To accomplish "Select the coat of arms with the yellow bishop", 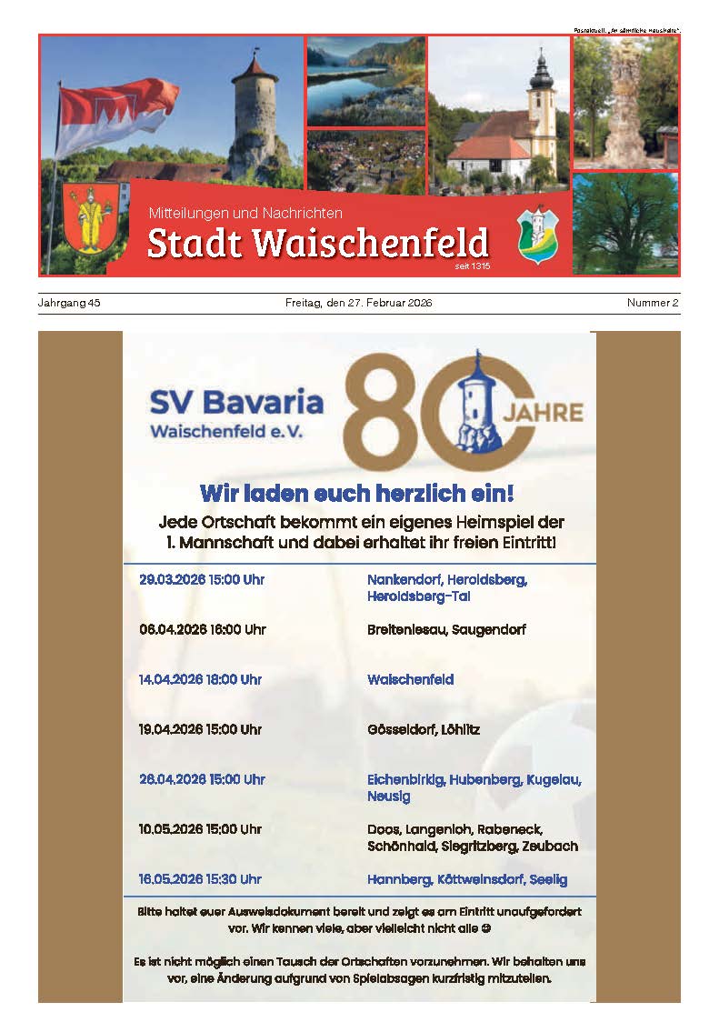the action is pos(90,218).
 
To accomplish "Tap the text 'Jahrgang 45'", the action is pos(69,303).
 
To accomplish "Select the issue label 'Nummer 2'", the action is pos(653,303).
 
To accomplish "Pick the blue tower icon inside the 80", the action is pos(474,404).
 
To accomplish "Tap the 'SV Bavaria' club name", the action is pos(236,401).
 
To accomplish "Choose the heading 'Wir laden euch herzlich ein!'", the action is pos(357,494).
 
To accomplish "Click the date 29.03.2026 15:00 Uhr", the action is pos(202,579).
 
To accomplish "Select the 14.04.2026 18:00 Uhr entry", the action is pos(200,679).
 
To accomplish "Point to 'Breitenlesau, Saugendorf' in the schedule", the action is pos(446,629).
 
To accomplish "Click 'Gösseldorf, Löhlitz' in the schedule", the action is pos(424,729).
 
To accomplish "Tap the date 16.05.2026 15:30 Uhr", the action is pos(200,879).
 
